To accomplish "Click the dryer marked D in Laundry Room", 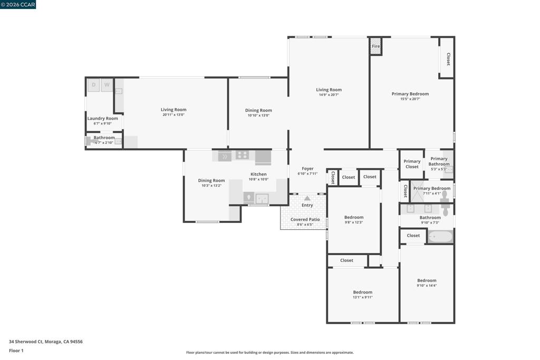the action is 93,85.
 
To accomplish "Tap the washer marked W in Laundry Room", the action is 107,85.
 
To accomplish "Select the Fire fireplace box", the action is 375,46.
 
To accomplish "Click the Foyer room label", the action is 307,169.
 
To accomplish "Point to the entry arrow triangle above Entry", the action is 307,198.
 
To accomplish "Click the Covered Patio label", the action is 305,219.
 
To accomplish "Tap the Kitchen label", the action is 258,174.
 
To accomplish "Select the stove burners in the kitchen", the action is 242,155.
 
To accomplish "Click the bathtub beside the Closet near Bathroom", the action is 440,237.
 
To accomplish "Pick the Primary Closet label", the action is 412,164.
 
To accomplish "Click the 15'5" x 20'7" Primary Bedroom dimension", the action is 410,99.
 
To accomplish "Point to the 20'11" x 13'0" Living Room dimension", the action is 173,114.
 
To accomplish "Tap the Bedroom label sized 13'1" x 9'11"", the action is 363,292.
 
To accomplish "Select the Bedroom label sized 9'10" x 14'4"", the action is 427,280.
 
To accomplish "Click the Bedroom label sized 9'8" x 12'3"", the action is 354,217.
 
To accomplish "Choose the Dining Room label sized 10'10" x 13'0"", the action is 258,110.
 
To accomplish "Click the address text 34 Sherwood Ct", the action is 26,342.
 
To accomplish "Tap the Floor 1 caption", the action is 16,351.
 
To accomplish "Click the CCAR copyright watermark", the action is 18,4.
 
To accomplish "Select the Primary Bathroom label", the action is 439,161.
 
